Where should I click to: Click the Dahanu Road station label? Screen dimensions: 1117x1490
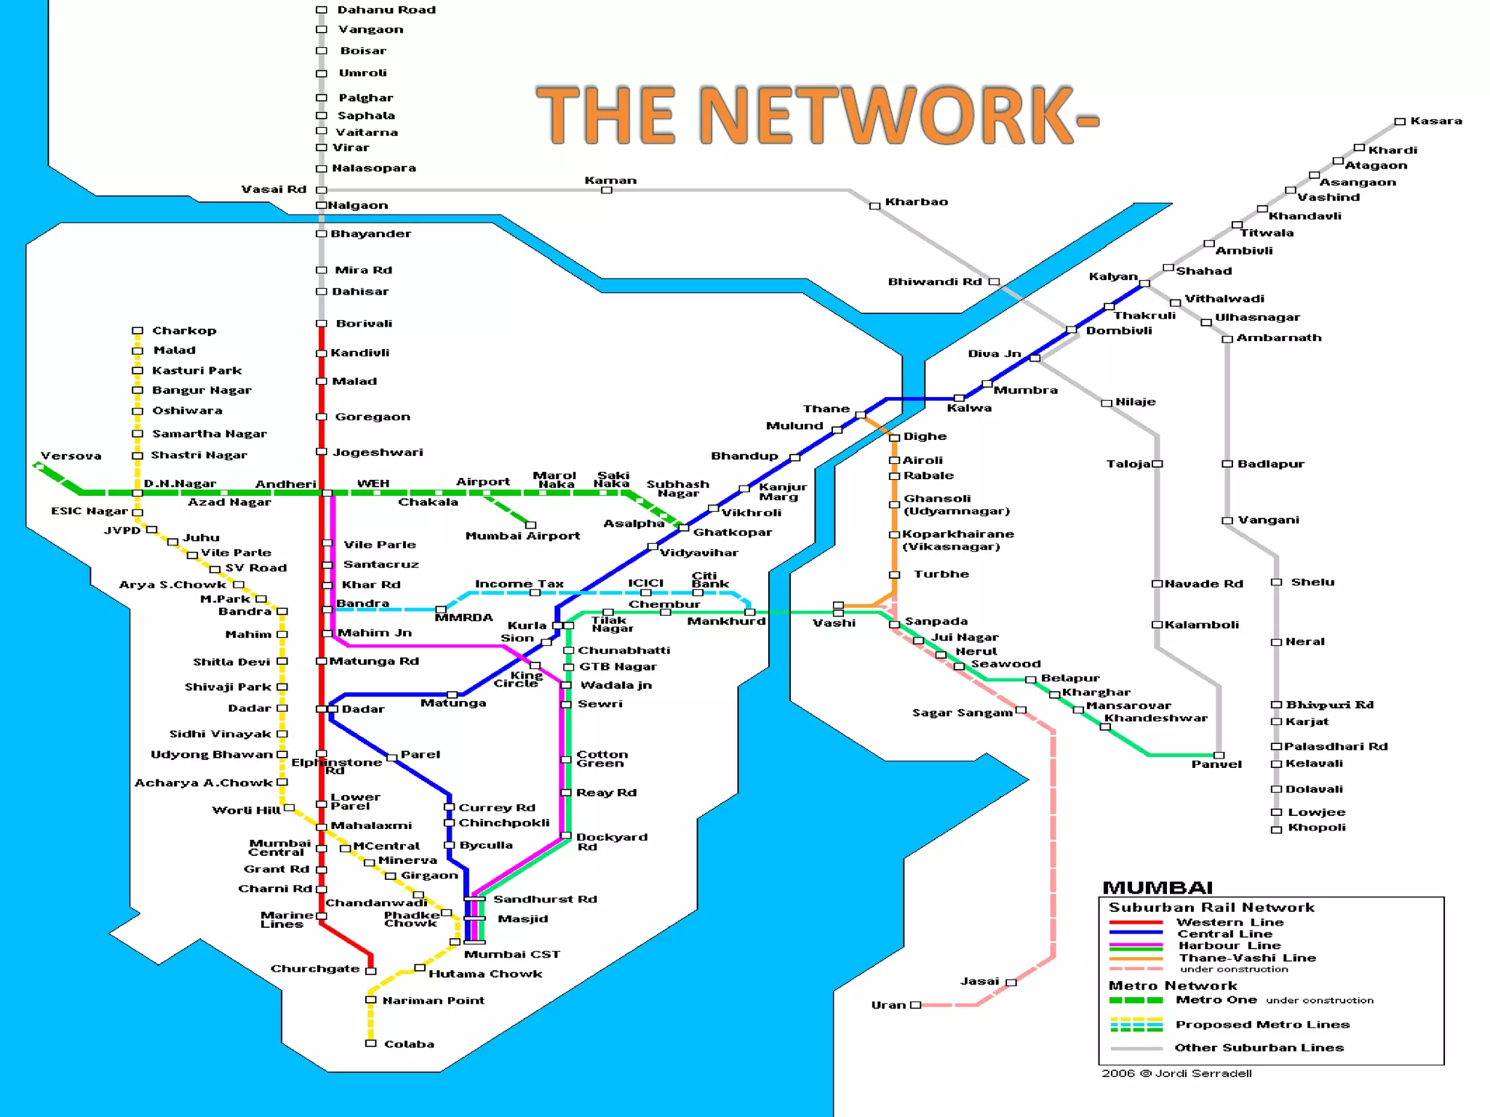click(386, 10)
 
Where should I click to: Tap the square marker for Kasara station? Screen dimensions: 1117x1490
click(1399, 121)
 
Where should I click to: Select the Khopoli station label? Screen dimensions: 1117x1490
click(1317, 828)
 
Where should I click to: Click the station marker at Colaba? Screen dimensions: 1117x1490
click(370, 1044)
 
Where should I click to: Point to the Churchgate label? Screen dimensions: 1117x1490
click(315, 969)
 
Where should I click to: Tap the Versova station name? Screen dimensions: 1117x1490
click(71, 456)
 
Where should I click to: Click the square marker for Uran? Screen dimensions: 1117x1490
click(915, 1005)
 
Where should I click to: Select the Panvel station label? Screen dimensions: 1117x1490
click(1216, 764)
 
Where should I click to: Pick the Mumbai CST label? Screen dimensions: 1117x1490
click(512, 954)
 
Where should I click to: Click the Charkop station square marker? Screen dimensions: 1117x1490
click(137, 331)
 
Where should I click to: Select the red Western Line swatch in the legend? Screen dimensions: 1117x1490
click(1136, 922)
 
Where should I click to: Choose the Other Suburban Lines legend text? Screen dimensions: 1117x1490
click(1259, 1048)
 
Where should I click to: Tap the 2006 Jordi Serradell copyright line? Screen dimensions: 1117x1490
click(1176, 1073)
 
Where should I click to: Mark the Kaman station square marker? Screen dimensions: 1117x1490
click(607, 191)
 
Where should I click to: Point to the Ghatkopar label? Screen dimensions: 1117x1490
click(733, 532)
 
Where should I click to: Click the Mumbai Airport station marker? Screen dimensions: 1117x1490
click(531, 525)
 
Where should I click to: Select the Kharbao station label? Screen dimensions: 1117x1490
click(916, 202)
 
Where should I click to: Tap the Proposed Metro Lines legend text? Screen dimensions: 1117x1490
click(1262, 1025)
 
